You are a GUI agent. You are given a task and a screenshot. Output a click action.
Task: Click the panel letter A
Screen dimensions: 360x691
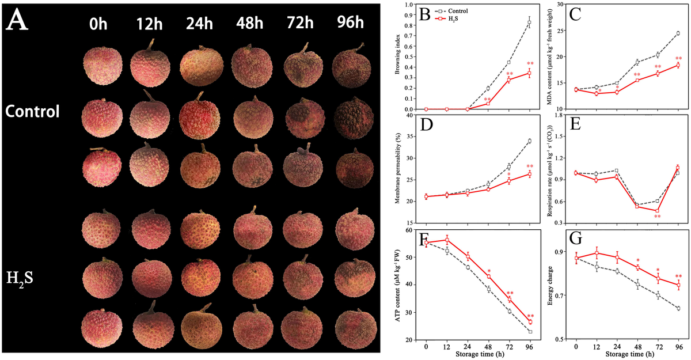click(20, 25)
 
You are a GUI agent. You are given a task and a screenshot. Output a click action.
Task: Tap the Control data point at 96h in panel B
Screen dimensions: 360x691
click(529, 22)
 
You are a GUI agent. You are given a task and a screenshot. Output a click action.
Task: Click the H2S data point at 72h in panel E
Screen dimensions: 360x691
click(658, 211)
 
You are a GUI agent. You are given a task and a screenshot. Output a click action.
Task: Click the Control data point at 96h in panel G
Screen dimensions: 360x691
click(678, 309)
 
